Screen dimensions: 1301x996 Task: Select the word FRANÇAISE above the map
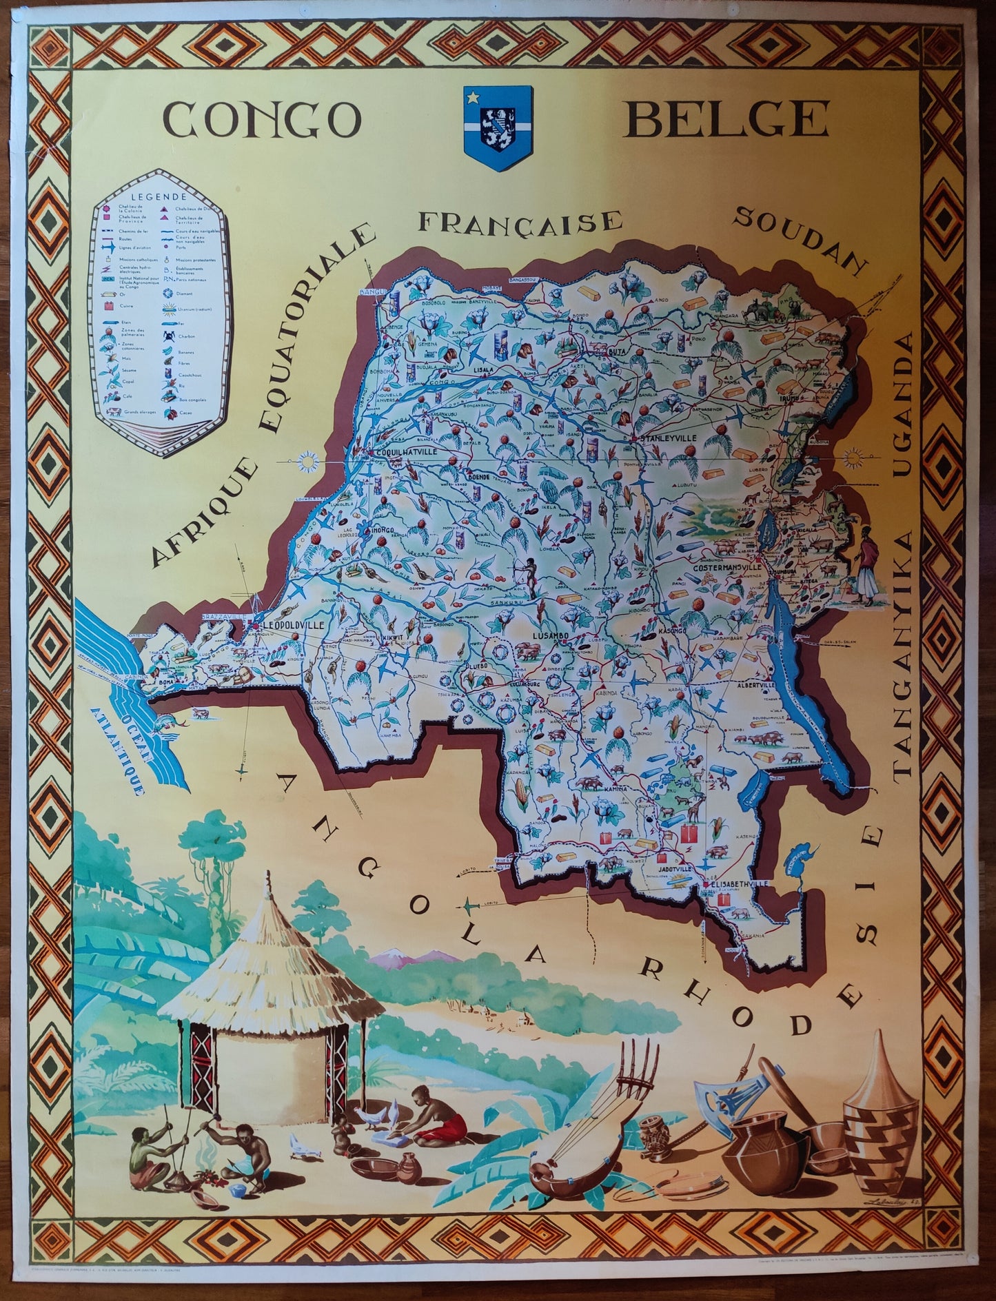click(520, 221)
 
